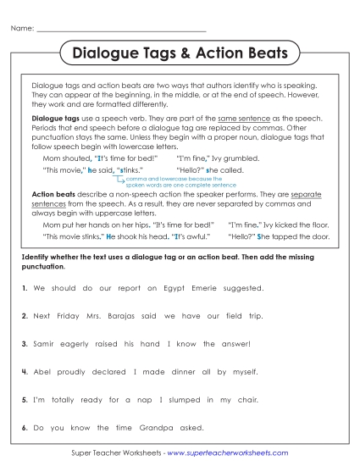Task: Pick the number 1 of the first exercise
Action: click(x=25, y=289)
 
